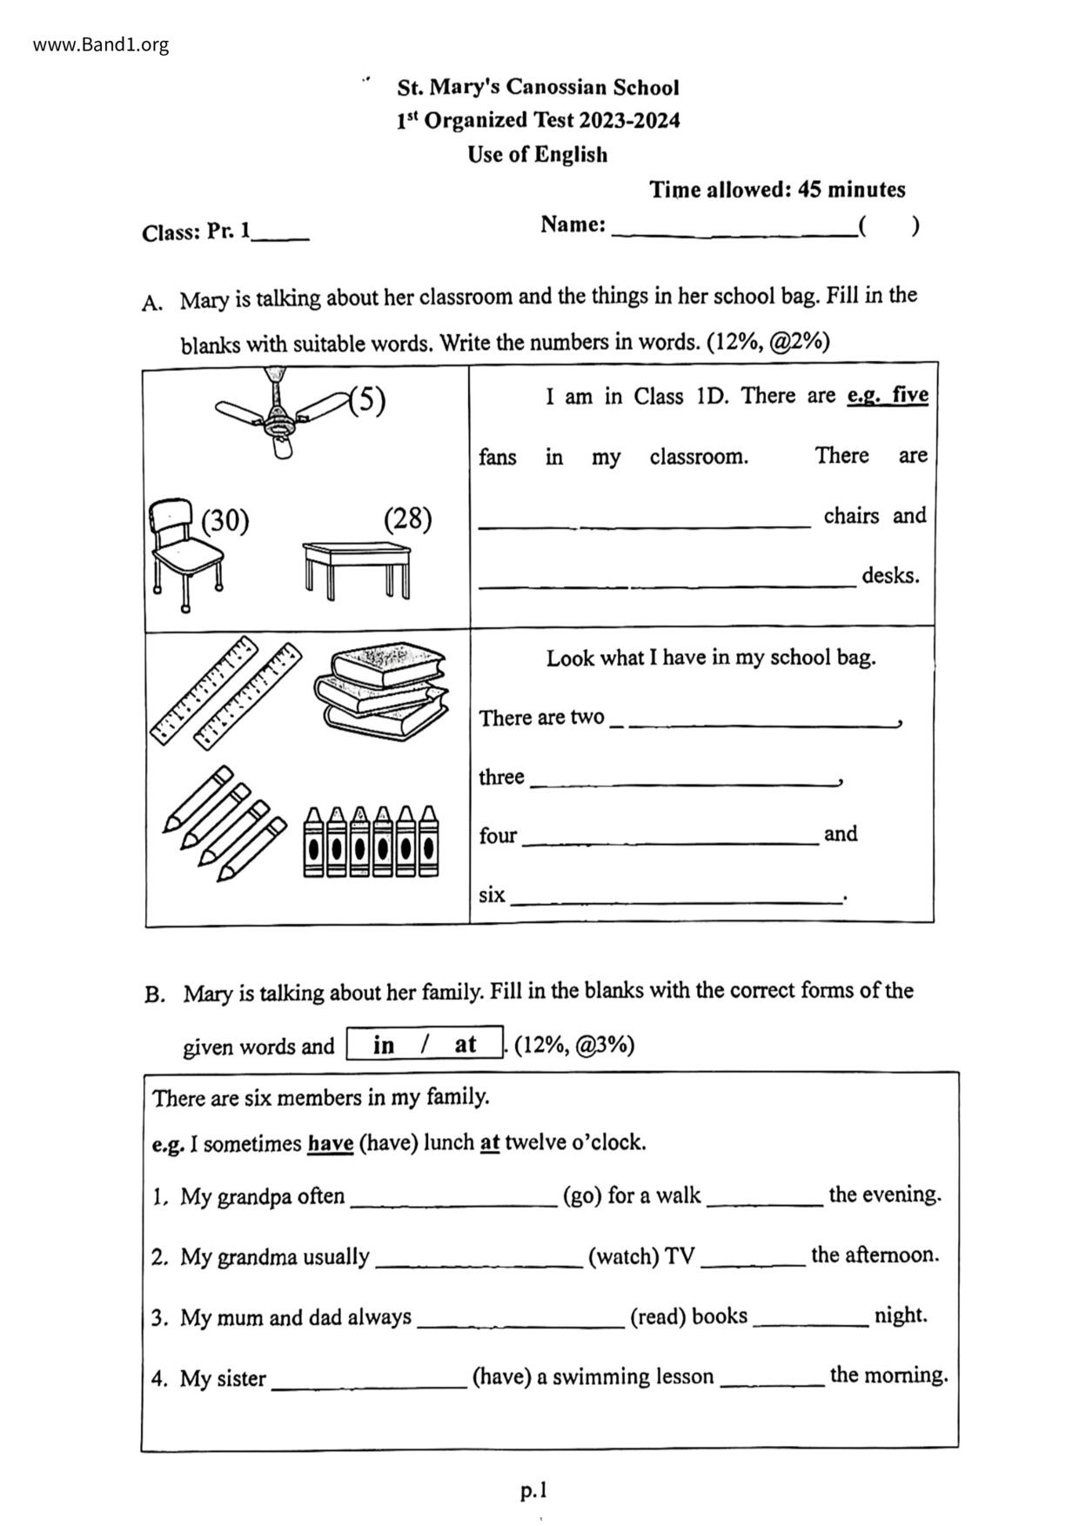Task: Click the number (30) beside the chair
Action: (225, 521)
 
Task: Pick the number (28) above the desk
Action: (407, 519)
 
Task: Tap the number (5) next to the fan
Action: (367, 400)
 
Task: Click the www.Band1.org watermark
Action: (101, 45)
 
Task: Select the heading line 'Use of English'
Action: (537, 155)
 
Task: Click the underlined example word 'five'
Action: (910, 395)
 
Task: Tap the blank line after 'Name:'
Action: (733, 228)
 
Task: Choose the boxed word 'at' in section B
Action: (465, 1044)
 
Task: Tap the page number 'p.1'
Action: (533, 1491)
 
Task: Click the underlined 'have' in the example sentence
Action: (330, 1143)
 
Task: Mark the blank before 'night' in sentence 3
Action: (810, 1321)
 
